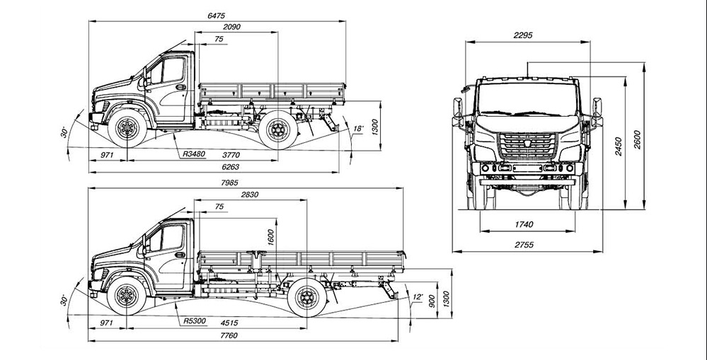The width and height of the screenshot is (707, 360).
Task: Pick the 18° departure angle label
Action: [358, 129]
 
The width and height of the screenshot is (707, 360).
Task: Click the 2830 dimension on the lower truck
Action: [250, 195]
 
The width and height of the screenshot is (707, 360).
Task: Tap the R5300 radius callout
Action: [194, 321]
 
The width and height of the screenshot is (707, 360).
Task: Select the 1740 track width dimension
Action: [525, 224]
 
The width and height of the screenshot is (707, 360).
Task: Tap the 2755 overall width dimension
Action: [524, 245]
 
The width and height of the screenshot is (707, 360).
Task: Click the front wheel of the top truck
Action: [127, 129]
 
